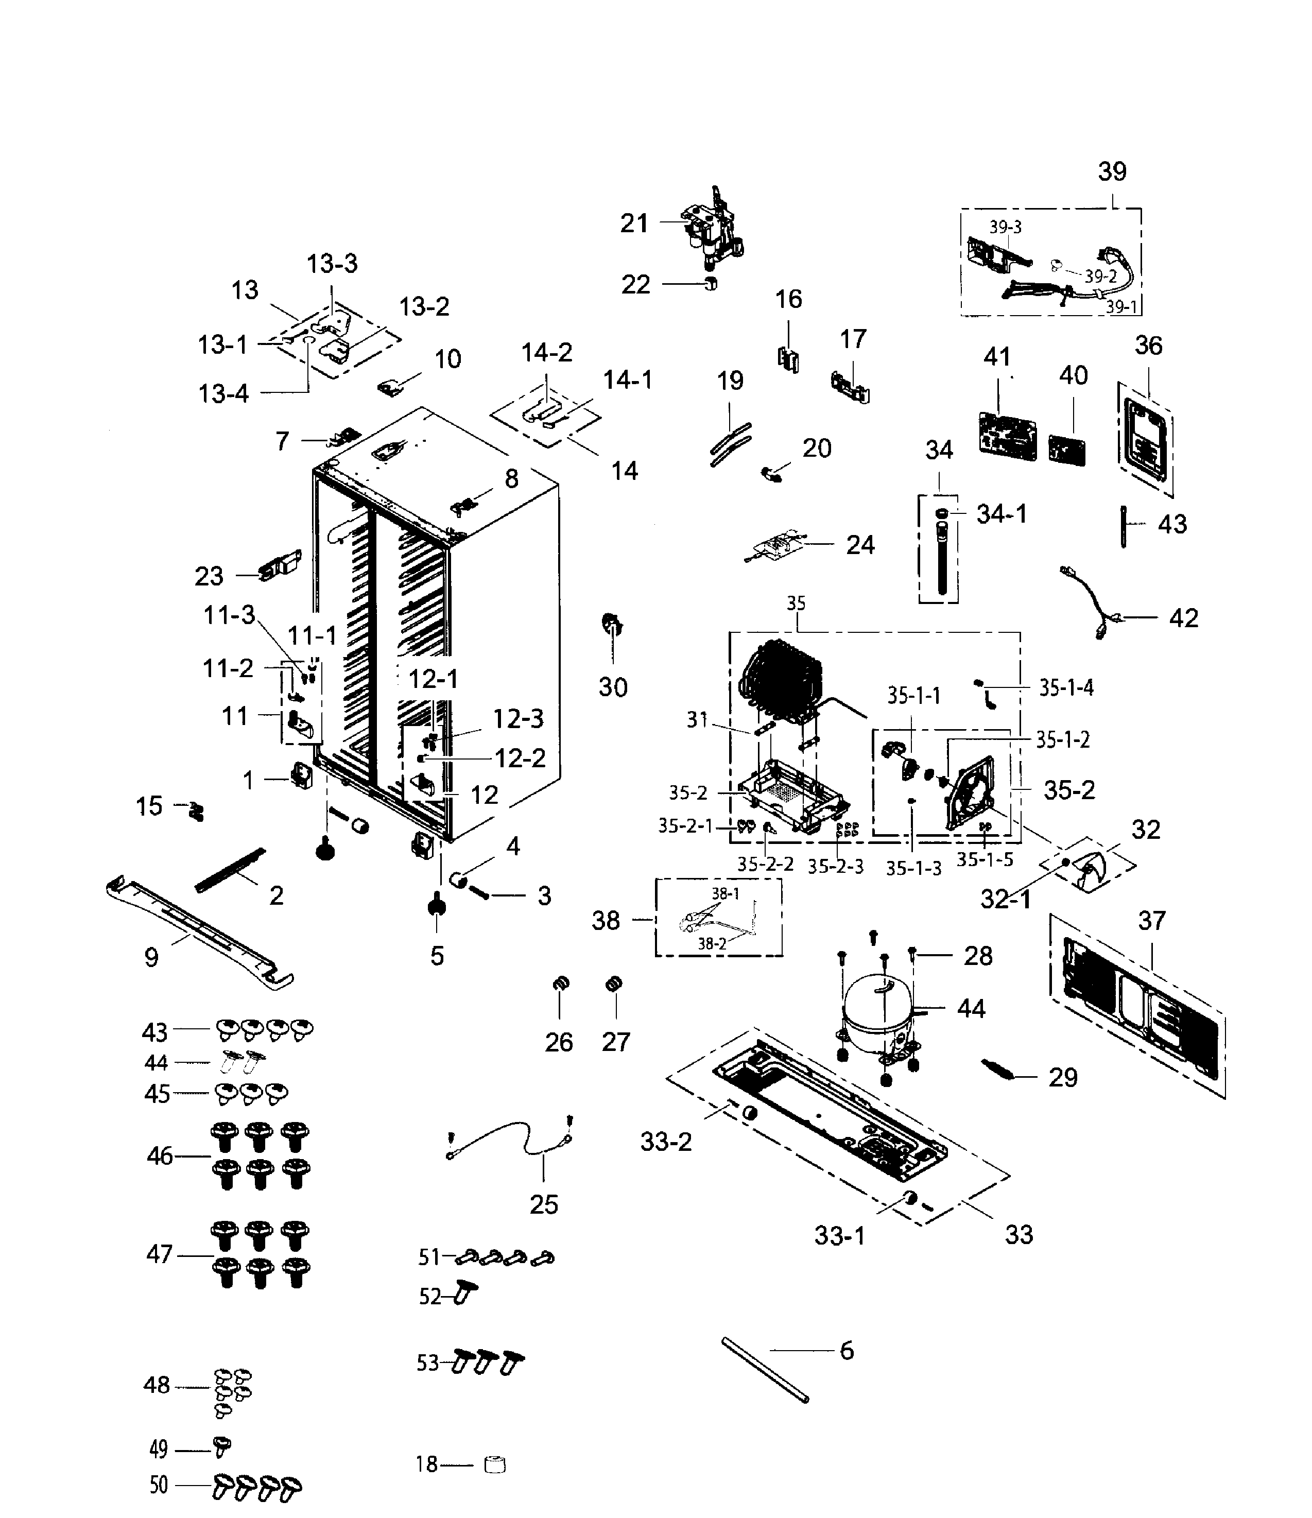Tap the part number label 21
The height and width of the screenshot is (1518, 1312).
[x=634, y=223]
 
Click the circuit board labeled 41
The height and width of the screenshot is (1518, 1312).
[x=1008, y=437]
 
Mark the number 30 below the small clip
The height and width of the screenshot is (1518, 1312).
[x=613, y=687]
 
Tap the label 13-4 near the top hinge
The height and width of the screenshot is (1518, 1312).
[x=223, y=394]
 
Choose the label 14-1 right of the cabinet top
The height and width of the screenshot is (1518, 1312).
[x=627, y=380]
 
